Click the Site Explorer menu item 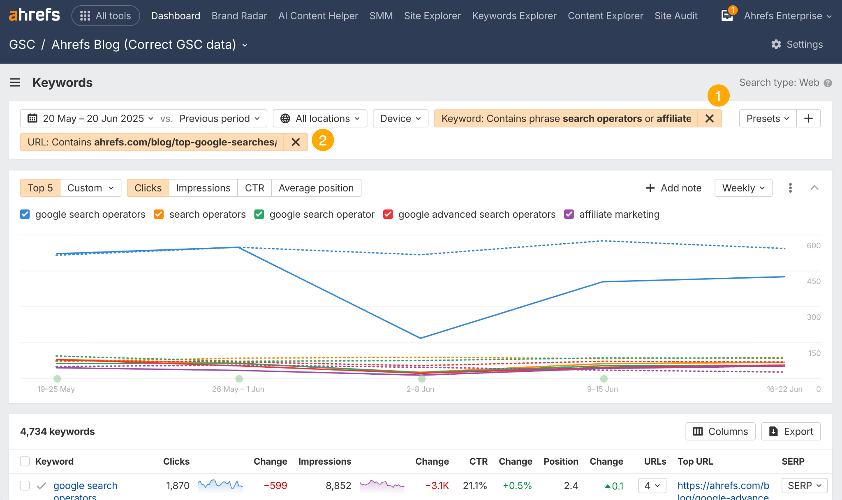click(x=432, y=16)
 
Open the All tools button click(x=106, y=16)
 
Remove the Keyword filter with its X click(x=709, y=119)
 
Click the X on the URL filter click(x=296, y=142)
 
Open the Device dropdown click(x=400, y=119)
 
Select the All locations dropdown click(x=320, y=119)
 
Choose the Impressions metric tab click(x=203, y=188)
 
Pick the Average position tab click(x=316, y=188)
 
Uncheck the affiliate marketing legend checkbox click(x=569, y=214)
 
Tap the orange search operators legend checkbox click(x=159, y=214)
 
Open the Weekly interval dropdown click(x=743, y=188)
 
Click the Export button click(x=791, y=431)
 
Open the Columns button click(x=720, y=431)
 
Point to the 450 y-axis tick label click(x=813, y=281)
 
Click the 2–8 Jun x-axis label click(x=420, y=389)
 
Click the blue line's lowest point click(x=420, y=338)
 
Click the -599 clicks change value click(x=275, y=486)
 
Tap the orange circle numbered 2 click(x=323, y=141)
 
